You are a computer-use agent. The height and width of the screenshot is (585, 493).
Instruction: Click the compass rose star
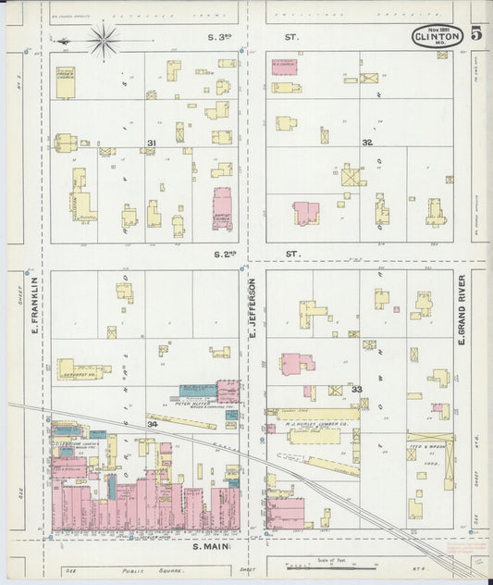click(103, 39)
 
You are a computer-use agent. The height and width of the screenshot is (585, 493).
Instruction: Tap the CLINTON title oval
click(438, 38)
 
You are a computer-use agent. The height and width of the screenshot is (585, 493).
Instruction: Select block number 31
click(151, 143)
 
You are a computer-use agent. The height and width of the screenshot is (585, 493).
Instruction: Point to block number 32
click(367, 143)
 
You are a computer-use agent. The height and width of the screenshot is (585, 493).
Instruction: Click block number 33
click(356, 390)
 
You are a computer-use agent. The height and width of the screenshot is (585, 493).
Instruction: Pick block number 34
click(151, 423)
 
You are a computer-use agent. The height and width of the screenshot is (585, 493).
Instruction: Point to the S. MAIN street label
click(211, 547)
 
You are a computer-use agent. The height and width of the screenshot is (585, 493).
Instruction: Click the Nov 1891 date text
click(437, 28)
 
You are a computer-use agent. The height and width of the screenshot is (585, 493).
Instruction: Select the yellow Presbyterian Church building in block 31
click(66, 81)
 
